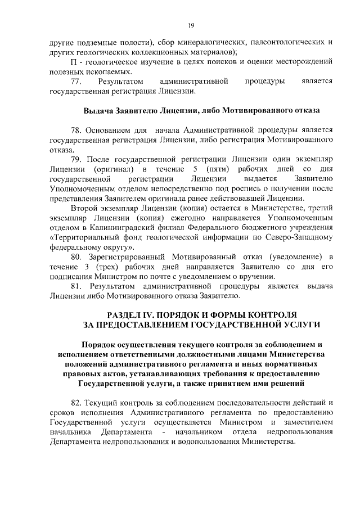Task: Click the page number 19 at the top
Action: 191,25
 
